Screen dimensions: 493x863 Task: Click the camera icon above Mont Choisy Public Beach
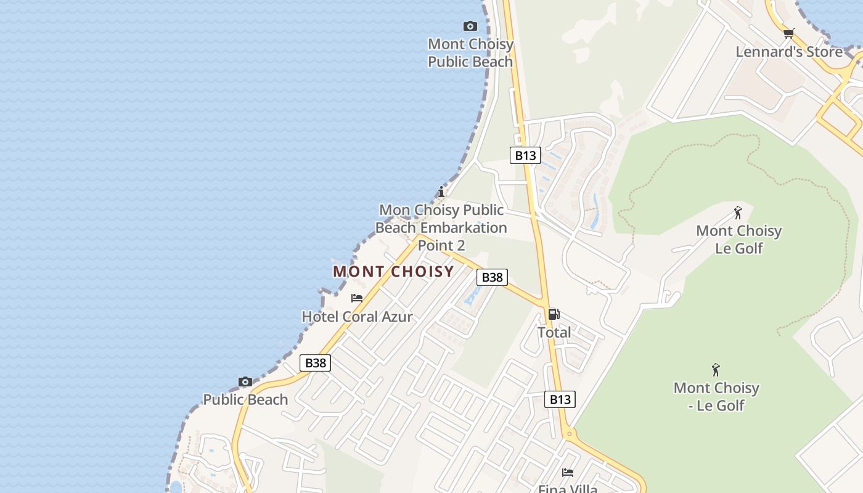pyautogui.click(x=470, y=26)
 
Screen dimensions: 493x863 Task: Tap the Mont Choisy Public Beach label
pyautogui.click(x=470, y=53)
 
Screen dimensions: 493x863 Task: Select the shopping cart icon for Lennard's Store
pyautogui.click(x=788, y=33)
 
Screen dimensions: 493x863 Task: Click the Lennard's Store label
pyautogui.click(x=788, y=52)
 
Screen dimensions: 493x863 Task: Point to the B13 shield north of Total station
pyautogui.click(x=525, y=155)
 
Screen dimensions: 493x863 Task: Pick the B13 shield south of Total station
pyautogui.click(x=560, y=399)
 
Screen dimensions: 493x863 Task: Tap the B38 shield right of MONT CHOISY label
pyautogui.click(x=492, y=277)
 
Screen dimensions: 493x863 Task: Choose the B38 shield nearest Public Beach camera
pyautogui.click(x=315, y=363)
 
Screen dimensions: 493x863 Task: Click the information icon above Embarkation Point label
pyautogui.click(x=441, y=192)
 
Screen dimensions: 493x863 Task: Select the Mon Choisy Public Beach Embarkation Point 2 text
pyautogui.click(x=441, y=227)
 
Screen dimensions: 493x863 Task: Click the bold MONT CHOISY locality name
pyautogui.click(x=393, y=271)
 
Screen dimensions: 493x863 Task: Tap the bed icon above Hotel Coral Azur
pyautogui.click(x=357, y=298)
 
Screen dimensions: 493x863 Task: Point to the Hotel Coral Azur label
pyautogui.click(x=357, y=317)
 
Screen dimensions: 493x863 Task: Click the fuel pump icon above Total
pyautogui.click(x=554, y=314)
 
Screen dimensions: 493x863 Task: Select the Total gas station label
pyautogui.click(x=554, y=333)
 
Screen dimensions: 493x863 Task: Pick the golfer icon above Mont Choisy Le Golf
pyautogui.click(x=738, y=213)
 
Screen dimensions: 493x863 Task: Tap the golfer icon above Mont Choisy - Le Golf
pyautogui.click(x=716, y=370)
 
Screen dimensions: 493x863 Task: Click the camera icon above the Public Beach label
pyautogui.click(x=245, y=382)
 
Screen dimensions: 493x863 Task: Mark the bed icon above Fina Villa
pyautogui.click(x=568, y=473)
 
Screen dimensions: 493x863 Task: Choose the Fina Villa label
pyautogui.click(x=568, y=489)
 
